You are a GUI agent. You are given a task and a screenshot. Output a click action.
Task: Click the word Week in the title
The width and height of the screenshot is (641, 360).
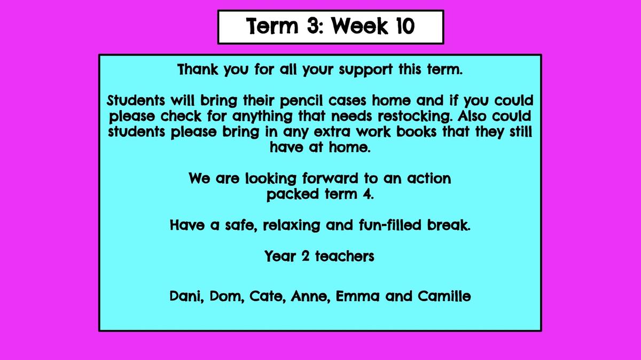click(x=359, y=26)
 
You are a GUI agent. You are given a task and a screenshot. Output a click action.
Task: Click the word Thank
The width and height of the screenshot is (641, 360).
click(x=198, y=69)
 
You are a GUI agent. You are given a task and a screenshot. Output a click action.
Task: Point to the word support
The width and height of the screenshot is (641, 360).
click(x=366, y=70)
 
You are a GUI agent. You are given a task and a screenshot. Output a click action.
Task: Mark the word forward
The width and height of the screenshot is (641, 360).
click(x=330, y=178)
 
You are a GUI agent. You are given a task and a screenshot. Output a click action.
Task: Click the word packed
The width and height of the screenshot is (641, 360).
click(x=293, y=194)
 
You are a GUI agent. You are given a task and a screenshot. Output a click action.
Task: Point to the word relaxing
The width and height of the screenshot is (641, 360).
click(x=291, y=225)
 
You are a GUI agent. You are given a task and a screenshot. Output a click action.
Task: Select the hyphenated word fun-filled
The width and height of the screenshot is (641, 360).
click(x=390, y=225)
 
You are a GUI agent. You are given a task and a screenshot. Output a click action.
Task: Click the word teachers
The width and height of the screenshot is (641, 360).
click(x=345, y=256)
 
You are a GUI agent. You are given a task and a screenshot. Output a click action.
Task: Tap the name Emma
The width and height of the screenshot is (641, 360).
click(x=357, y=296)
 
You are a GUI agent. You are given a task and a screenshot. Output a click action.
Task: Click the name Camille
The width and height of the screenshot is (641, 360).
click(x=444, y=296)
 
